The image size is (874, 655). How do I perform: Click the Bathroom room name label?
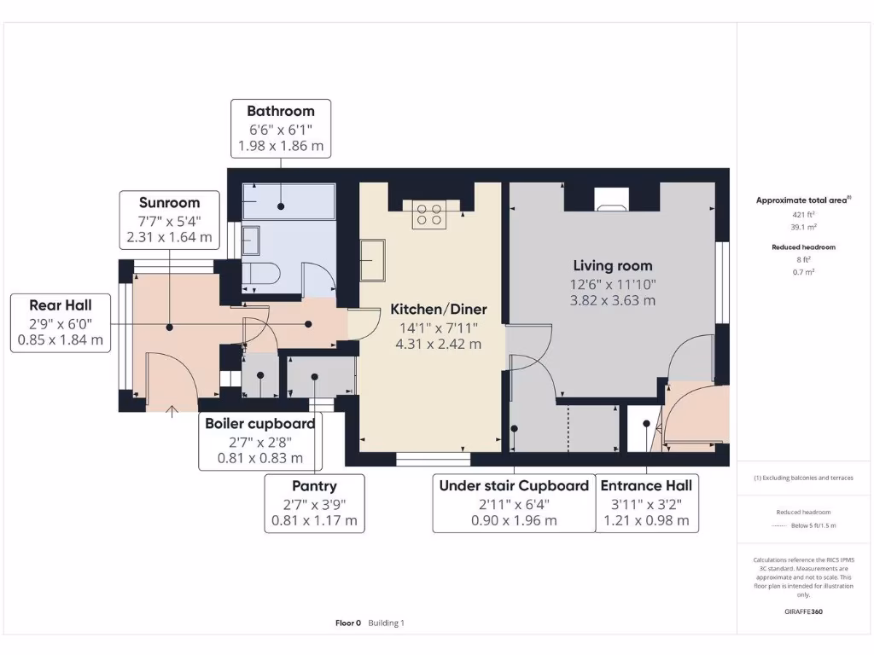tap(281, 111)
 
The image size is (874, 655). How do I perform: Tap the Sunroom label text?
tap(170, 203)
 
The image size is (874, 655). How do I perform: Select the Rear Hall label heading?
tap(60, 304)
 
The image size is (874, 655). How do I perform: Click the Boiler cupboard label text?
tap(260, 424)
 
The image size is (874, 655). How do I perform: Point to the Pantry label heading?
tap(314, 486)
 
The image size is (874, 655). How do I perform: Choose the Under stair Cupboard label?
tap(514, 485)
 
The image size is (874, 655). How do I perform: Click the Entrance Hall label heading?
tap(646, 485)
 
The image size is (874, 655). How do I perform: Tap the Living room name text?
tap(612, 266)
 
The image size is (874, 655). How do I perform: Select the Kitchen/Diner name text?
tap(439, 309)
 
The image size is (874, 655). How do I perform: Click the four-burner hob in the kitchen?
tap(429, 213)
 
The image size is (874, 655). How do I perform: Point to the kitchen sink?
tap(372, 259)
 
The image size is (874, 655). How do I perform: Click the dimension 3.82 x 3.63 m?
tap(612, 300)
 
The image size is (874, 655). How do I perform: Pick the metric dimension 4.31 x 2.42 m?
tap(439, 345)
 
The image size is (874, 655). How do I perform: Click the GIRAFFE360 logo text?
tap(803, 612)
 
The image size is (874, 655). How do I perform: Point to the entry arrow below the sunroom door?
tap(173, 413)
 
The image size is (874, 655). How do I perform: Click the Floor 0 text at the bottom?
tap(348, 623)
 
